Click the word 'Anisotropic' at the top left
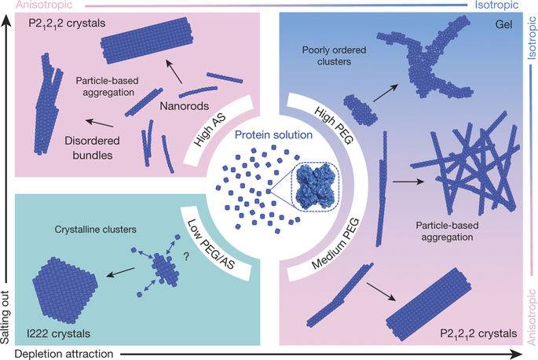[x=27, y=5]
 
